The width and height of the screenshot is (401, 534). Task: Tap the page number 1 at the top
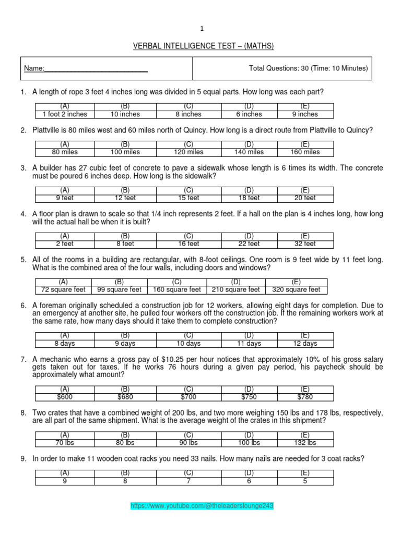point(201,29)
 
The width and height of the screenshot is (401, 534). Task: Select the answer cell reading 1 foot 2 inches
point(65,114)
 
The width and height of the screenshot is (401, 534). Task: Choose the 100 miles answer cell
point(125,152)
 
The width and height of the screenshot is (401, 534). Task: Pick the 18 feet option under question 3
point(250,198)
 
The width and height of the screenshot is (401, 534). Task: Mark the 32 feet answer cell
point(305,244)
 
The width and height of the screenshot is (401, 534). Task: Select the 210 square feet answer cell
point(236,290)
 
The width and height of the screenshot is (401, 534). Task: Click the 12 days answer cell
point(305,344)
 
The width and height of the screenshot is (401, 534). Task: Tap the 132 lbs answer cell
point(305,443)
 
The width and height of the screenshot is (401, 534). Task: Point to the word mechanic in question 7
point(55,360)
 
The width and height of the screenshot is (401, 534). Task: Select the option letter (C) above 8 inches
point(188,106)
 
